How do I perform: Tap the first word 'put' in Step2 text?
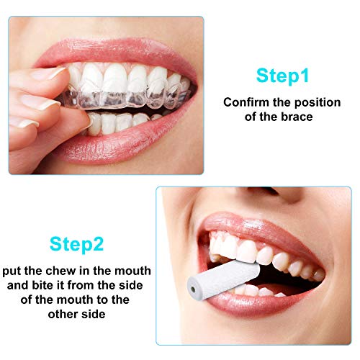click(13, 271)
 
